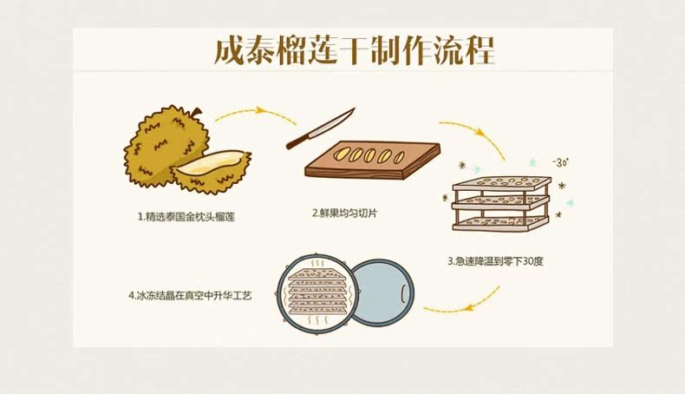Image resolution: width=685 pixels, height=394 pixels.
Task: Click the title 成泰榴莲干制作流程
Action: pyautogui.click(x=353, y=50)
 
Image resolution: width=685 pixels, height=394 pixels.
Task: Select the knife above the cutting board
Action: pyautogui.click(x=321, y=128)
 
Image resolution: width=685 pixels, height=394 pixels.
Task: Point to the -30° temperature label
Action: pyautogui.click(x=560, y=162)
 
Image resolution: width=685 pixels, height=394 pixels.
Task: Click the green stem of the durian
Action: pyautogui.click(x=196, y=114)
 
